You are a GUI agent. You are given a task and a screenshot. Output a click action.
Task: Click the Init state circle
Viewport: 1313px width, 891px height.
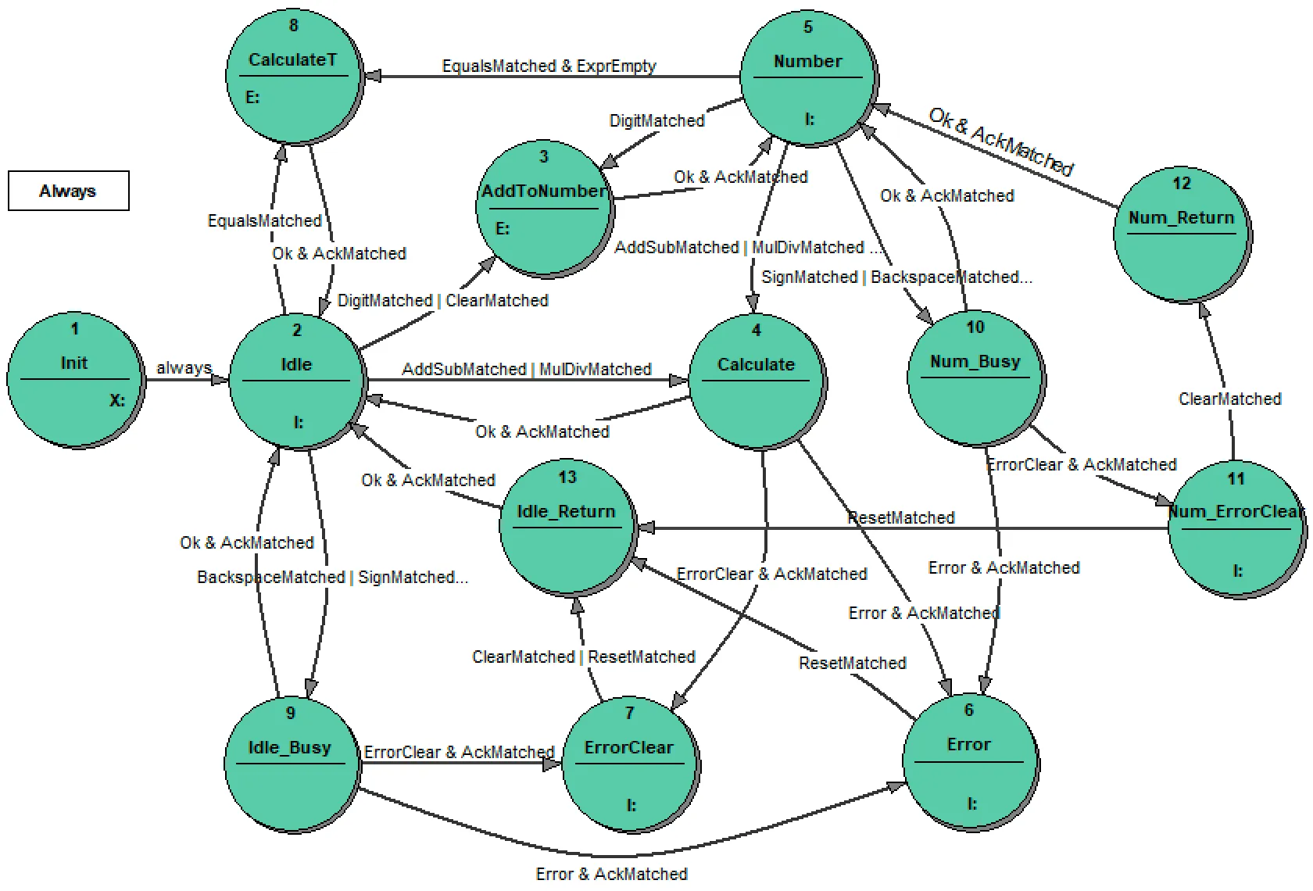(x=75, y=380)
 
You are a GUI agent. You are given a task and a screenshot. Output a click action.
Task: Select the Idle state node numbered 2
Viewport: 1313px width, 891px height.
(x=297, y=381)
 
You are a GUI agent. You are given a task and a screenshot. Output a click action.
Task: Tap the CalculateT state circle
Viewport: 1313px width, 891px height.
(x=294, y=77)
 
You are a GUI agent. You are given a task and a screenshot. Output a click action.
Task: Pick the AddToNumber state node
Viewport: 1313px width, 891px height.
(x=544, y=208)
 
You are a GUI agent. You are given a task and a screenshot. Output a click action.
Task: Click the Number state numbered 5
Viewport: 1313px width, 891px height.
(x=808, y=78)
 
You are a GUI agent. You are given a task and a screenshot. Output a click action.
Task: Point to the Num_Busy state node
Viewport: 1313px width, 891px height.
(x=975, y=378)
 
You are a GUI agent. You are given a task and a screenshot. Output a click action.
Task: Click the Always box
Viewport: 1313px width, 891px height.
(x=69, y=191)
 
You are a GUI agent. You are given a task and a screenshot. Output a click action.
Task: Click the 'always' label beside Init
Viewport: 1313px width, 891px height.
(x=184, y=367)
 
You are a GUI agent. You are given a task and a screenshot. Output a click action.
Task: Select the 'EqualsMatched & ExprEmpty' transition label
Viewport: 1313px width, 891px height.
(x=549, y=66)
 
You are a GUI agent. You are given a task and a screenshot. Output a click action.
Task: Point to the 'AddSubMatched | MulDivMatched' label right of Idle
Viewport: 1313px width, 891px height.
(x=526, y=369)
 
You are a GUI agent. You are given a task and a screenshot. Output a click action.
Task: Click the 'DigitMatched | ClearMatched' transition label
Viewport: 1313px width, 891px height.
(x=442, y=300)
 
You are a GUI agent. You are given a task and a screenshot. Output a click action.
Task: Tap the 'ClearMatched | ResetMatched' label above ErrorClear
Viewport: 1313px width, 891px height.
(x=583, y=657)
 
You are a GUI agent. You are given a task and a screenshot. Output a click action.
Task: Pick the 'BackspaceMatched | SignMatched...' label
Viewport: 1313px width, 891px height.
(x=332, y=577)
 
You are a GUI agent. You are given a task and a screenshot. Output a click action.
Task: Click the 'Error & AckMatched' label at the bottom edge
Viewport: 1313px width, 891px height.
(x=611, y=874)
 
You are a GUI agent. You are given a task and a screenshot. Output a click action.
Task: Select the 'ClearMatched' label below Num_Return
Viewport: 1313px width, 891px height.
(x=1229, y=399)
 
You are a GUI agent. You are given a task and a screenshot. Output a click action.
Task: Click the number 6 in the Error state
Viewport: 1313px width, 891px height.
(x=968, y=710)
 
